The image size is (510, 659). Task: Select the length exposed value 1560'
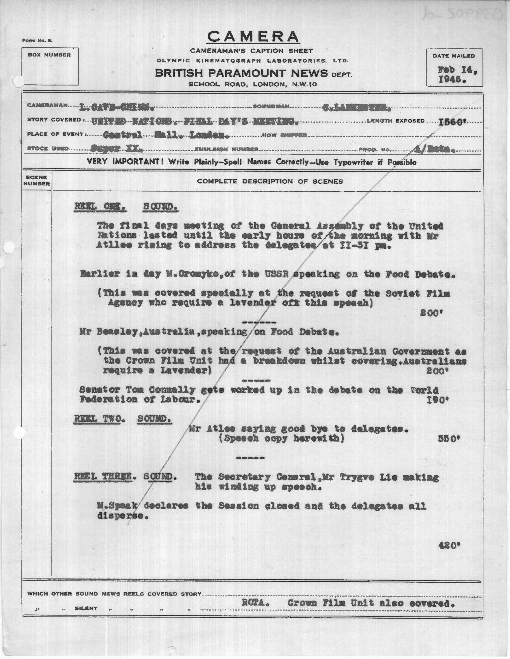452,122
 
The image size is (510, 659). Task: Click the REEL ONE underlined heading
100,207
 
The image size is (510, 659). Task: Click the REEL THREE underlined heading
102,477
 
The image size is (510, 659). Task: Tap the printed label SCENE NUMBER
36,180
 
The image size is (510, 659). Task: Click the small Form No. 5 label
37,41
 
